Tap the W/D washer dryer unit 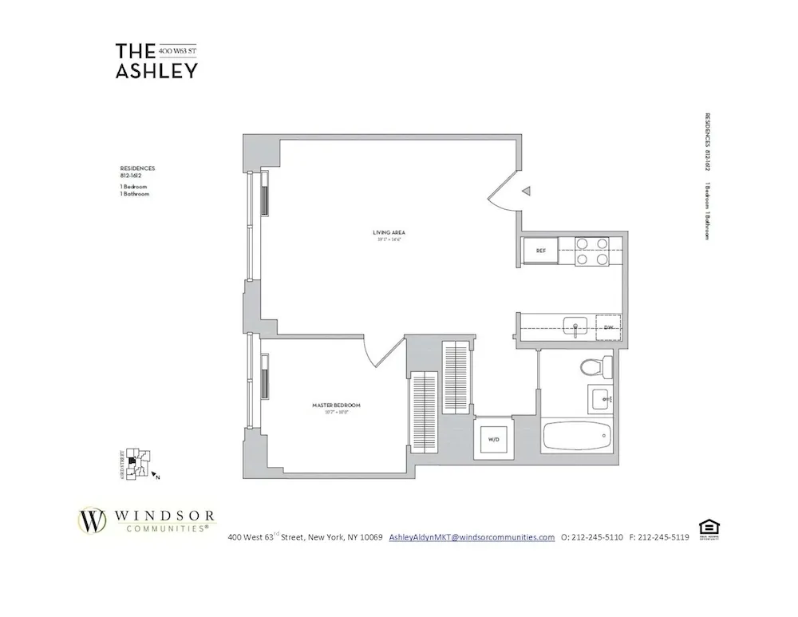coord(491,438)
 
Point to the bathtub coord(577,437)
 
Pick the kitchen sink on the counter coord(575,326)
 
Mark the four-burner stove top coord(592,251)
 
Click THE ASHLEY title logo coord(156,61)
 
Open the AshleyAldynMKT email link coord(471,537)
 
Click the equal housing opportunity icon coord(706,528)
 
